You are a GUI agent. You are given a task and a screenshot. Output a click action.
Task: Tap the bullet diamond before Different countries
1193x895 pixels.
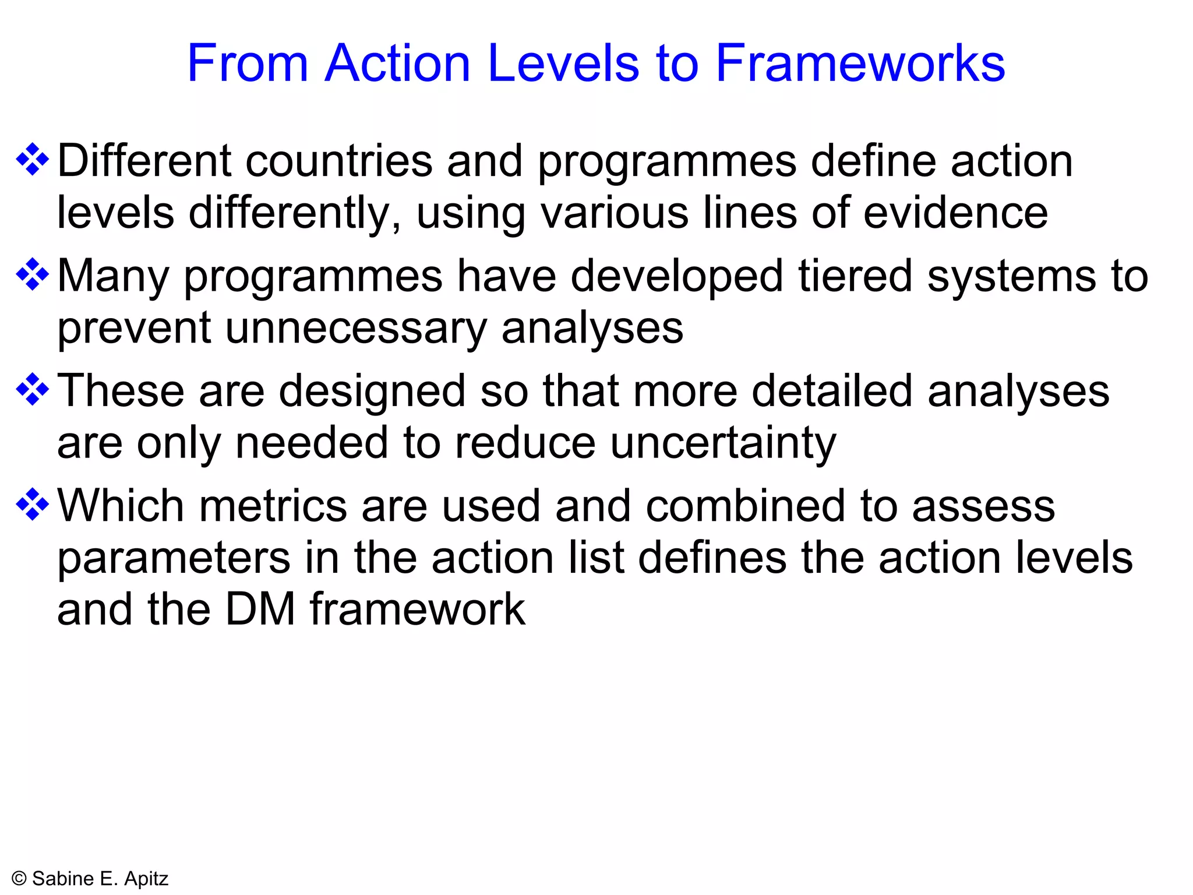(x=33, y=159)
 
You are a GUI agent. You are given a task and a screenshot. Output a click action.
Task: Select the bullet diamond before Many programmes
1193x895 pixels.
(x=33, y=274)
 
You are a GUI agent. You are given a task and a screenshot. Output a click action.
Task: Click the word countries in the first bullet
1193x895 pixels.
(x=339, y=161)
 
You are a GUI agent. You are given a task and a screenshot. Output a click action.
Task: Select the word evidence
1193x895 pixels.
(x=955, y=213)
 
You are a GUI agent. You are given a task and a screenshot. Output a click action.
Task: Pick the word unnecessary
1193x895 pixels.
(x=357, y=328)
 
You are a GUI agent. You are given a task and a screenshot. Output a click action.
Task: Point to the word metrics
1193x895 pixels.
(x=273, y=506)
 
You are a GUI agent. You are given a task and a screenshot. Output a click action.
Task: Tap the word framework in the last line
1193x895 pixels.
(x=417, y=609)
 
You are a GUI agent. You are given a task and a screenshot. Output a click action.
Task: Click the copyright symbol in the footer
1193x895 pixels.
(x=19, y=879)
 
